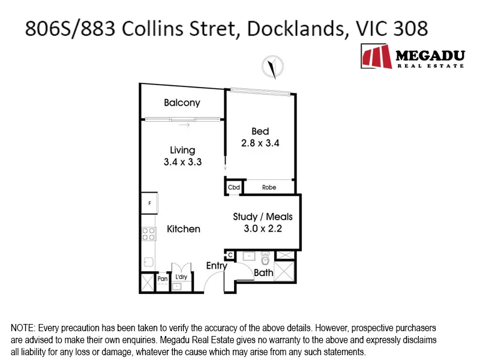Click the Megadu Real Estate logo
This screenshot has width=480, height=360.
click(412, 56)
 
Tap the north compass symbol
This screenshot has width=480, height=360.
click(273, 67)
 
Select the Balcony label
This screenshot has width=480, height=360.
click(182, 103)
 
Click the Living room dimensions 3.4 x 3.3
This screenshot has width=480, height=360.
click(182, 162)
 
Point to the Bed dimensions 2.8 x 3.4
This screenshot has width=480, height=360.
click(260, 143)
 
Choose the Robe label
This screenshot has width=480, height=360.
click(269, 187)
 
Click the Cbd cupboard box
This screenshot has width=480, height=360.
click(233, 187)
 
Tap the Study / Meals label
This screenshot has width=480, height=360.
click(263, 217)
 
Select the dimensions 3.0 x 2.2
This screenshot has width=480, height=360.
click(263, 229)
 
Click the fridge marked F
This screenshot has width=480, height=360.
click(149, 203)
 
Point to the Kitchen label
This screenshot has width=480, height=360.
click(183, 229)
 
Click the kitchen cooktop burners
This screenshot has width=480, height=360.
click(148, 234)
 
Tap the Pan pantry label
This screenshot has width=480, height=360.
click(162, 278)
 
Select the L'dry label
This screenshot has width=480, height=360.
click(181, 277)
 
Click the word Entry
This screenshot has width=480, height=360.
click(217, 266)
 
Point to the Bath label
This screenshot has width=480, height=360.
click(263, 273)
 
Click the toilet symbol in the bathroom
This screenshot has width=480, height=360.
click(266, 260)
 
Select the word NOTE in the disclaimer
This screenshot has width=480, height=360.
click(23, 328)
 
